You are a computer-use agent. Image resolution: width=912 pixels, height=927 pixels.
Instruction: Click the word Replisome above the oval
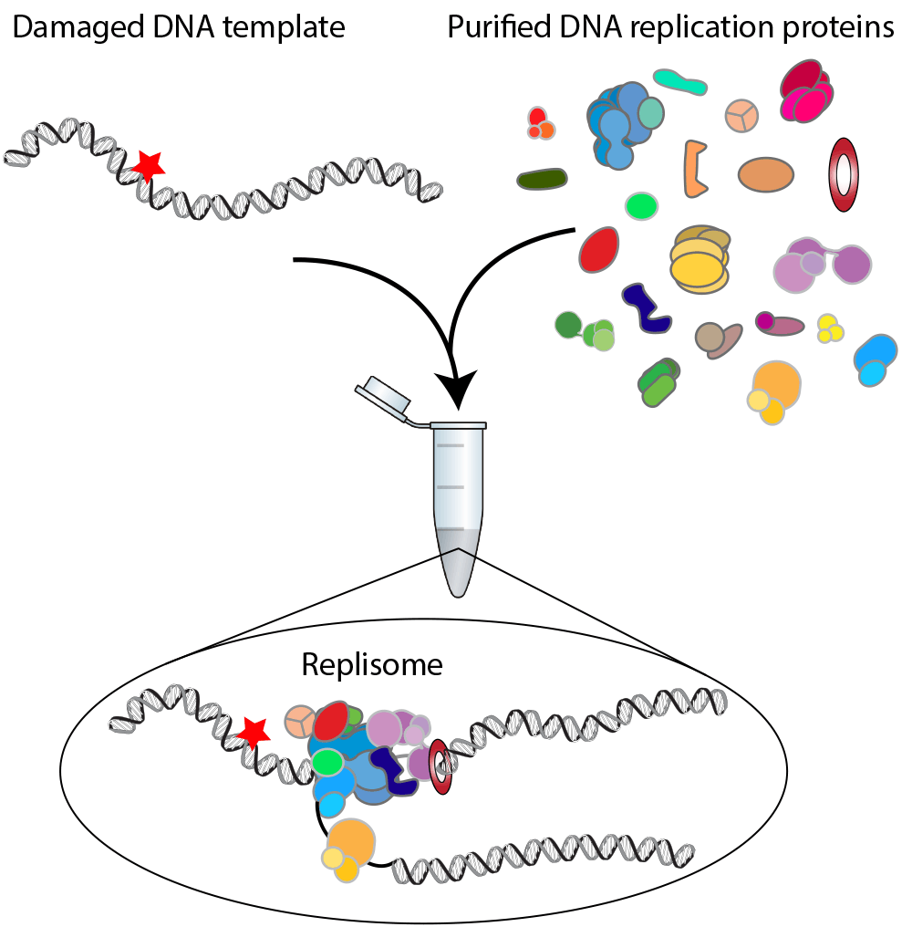pos(372,664)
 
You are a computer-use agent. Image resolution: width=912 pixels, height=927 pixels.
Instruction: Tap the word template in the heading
pos(290,28)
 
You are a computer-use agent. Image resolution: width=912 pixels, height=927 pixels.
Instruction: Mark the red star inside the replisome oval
pos(253,731)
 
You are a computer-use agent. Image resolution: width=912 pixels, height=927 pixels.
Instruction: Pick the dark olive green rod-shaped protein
pos(542,180)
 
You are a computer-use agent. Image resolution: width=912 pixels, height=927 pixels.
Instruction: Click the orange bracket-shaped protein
pos(696,169)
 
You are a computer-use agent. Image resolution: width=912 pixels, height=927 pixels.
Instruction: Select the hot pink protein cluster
pos(806,92)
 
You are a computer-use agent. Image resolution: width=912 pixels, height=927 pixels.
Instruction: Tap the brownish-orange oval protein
pos(767,174)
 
